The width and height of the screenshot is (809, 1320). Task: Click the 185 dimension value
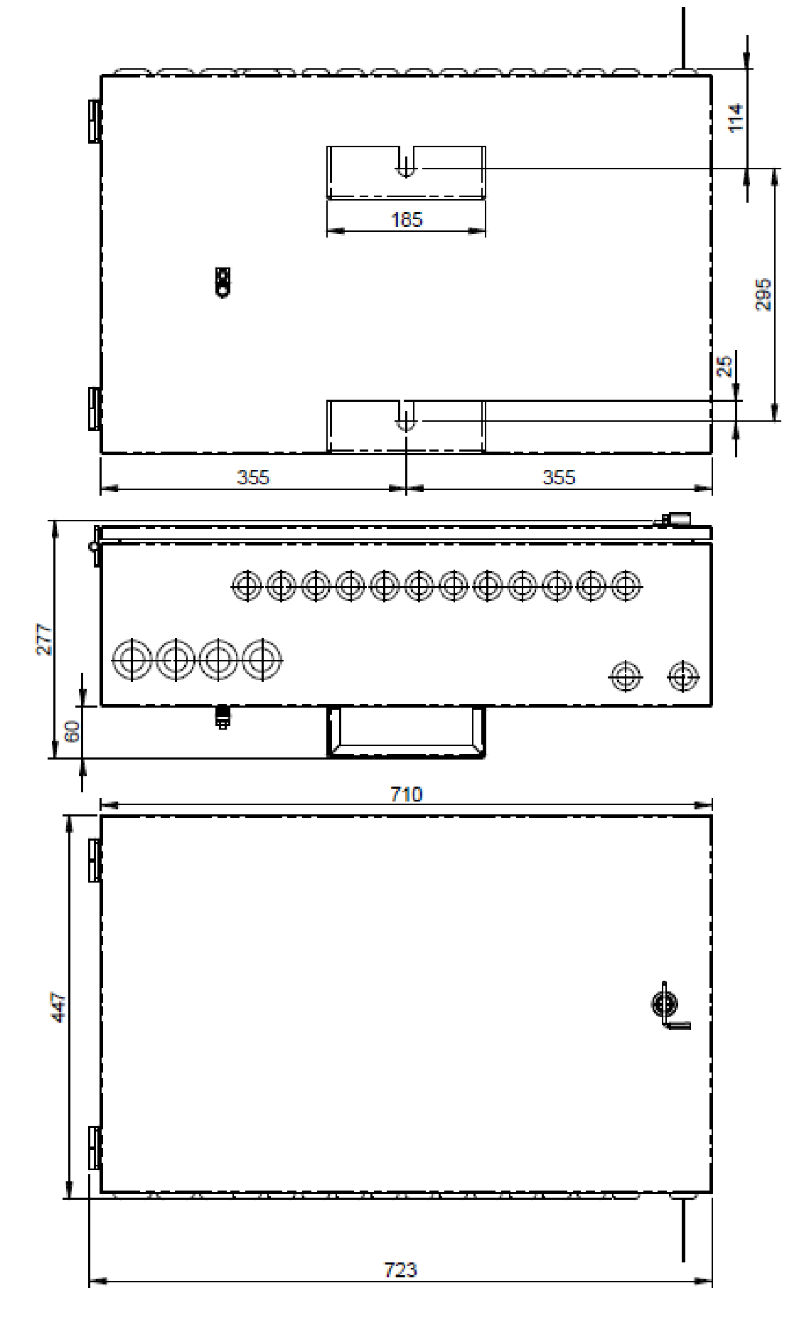(406, 219)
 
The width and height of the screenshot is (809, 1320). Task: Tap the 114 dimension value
(736, 117)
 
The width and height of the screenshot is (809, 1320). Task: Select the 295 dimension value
(762, 294)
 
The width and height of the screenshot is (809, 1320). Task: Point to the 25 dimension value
(725, 366)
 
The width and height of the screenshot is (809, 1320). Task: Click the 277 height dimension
(43, 639)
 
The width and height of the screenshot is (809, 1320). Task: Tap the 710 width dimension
(406, 794)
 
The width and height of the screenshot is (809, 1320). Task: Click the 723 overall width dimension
(400, 1269)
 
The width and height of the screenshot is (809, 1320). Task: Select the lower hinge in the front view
(94, 1147)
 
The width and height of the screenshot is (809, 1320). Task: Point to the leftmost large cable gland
(132, 660)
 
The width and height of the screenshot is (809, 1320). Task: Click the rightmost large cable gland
(262, 660)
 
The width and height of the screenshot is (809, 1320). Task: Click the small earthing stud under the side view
(223, 717)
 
